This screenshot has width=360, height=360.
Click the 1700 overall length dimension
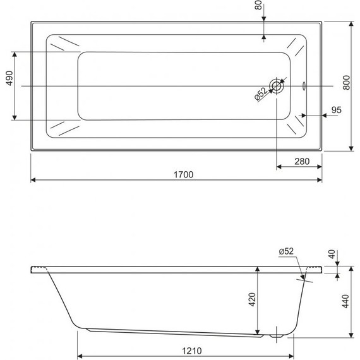184,174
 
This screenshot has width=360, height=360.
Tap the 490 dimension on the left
9,80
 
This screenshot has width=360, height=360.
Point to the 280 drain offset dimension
301,162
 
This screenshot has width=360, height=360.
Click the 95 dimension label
336,111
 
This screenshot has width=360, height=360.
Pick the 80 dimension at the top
258,9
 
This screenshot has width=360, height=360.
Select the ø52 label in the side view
286,251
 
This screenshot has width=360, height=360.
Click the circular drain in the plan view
277,86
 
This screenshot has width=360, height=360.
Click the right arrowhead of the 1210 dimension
291,354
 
